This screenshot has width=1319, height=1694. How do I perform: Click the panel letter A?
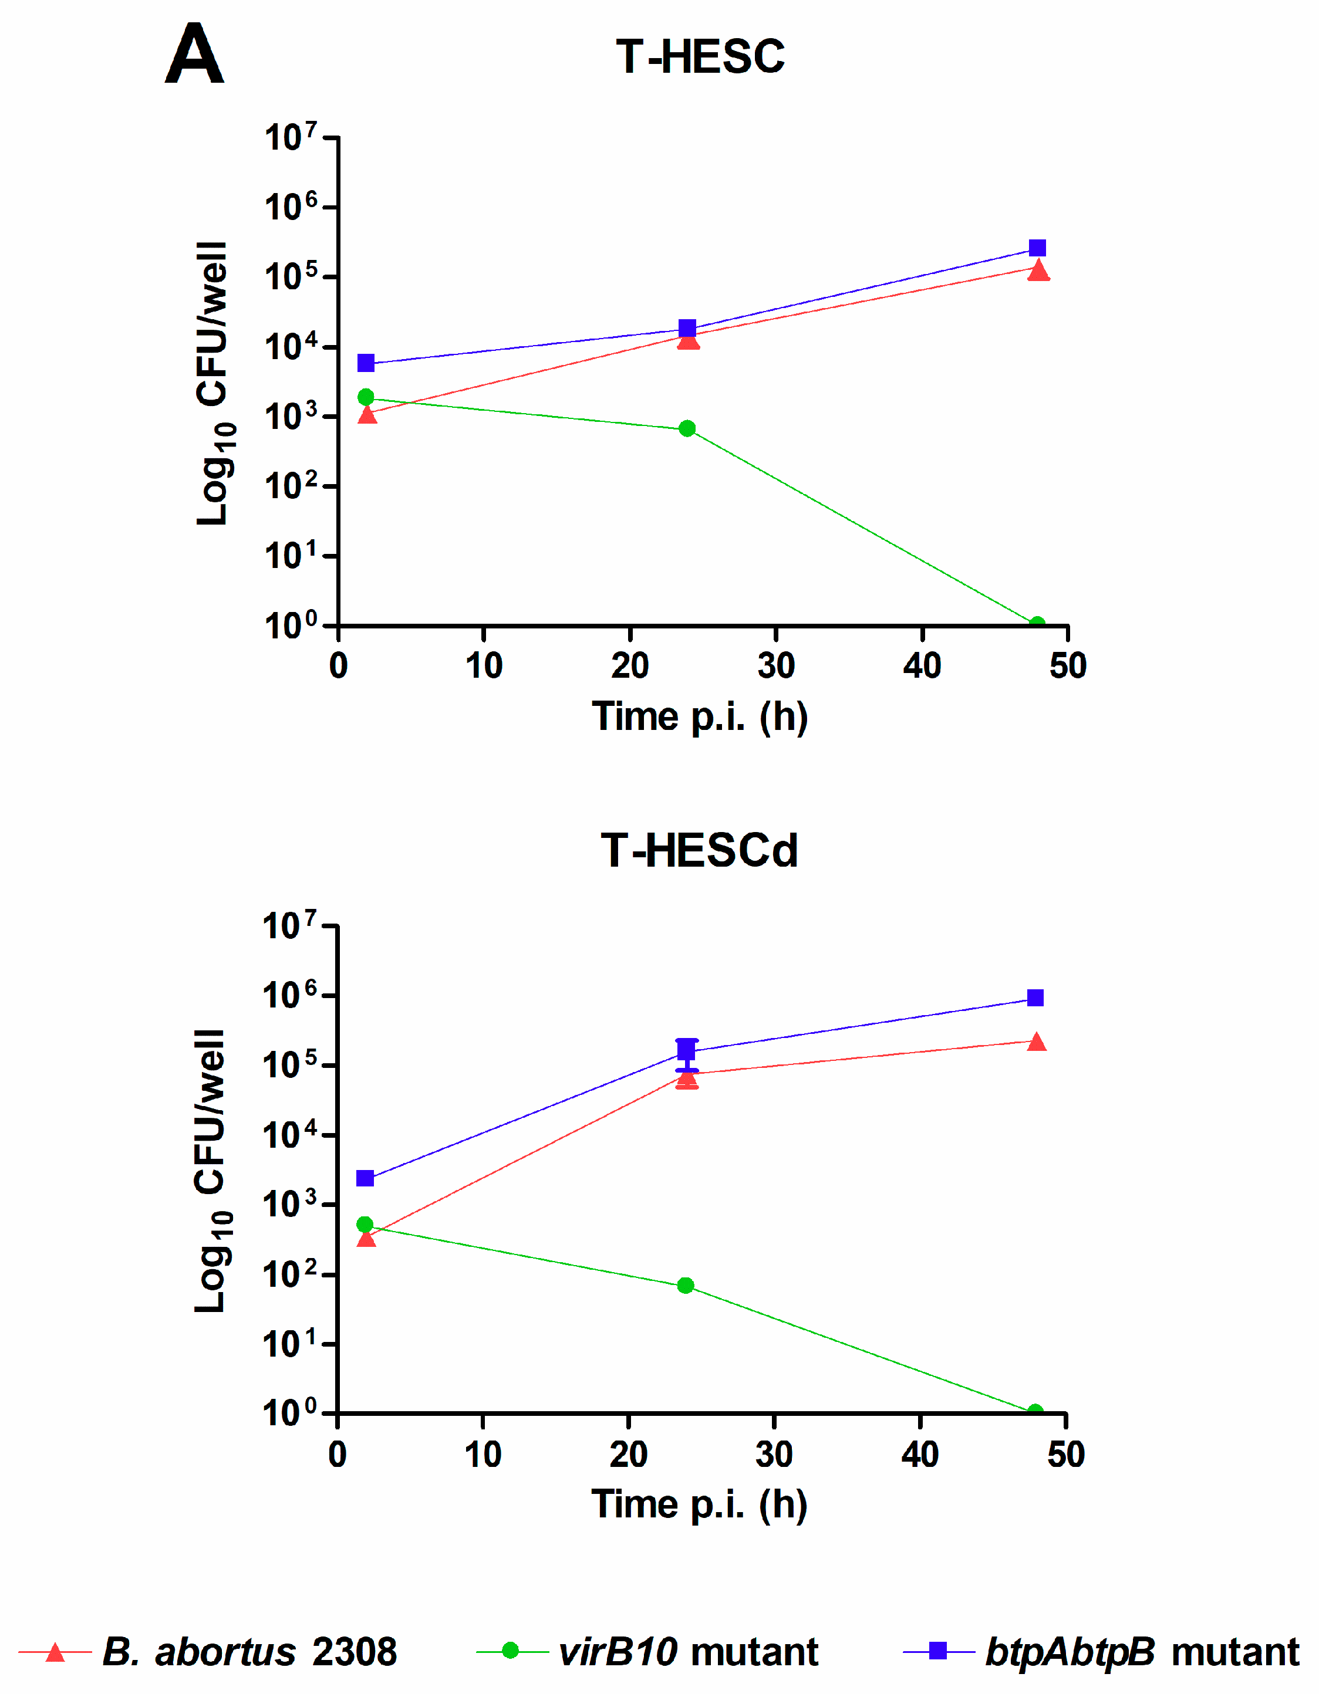point(194,55)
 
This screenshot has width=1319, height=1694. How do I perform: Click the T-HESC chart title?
point(699,58)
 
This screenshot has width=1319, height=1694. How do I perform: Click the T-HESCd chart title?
point(699,850)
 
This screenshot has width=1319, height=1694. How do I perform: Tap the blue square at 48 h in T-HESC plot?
point(1037,248)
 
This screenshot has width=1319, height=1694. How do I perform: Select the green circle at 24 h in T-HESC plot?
point(687,428)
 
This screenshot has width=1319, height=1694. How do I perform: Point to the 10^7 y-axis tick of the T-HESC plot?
point(291,138)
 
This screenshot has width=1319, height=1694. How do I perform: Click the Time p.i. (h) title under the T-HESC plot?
point(699,716)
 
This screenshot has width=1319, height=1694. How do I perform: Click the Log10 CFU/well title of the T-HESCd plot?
point(211,1171)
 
